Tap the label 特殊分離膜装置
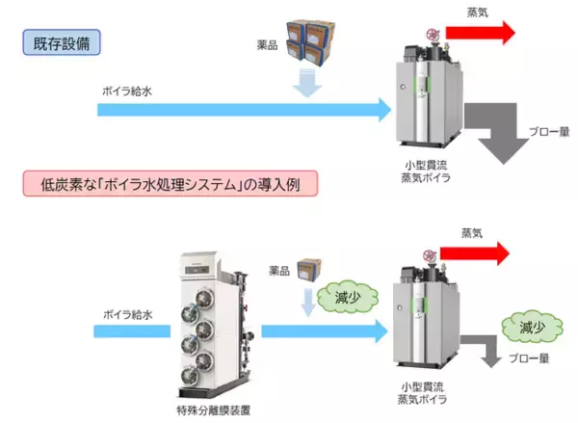tap(214, 410)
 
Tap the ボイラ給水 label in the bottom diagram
tap(129, 314)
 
